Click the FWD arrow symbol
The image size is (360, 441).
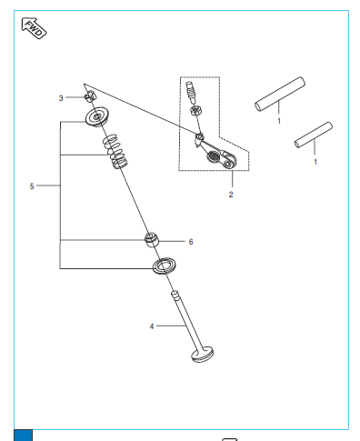click(x=34, y=28)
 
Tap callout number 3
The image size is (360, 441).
click(x=61, y=98)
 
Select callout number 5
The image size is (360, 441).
click(x=32, y=186)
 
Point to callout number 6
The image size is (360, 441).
click(x=191, y=242)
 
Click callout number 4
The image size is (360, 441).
click(x=152, y=326)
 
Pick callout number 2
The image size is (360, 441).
click(x=231, y=195)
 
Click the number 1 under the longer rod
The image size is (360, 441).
click(x=279, y=121)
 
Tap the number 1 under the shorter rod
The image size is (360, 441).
click(x=315, y=162)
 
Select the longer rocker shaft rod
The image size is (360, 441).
click(x=280, y=94)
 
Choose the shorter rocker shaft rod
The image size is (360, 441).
click(x=314, y=135)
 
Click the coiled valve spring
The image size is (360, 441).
click(x=115, y=151)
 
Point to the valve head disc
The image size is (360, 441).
click(x=203, y=356)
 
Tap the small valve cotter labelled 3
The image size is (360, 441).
click(x=89, y=96)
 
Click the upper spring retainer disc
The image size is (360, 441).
click(x=97, y=116)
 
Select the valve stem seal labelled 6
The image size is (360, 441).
click(x=152, y=240)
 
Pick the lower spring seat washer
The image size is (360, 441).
click(x=164, y=266)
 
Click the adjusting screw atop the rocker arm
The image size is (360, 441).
click(x=190, y=92)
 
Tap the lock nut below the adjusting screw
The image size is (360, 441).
click(x=195, y=110)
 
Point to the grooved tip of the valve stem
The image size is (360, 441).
click(x=176, y=296)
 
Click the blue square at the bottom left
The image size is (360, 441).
click(x=23, y=436)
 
